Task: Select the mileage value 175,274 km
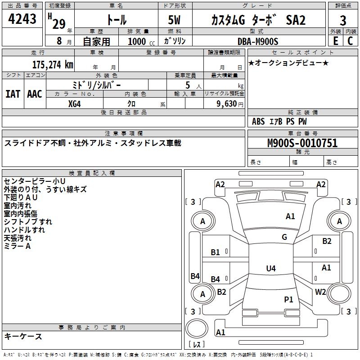coord(53,64)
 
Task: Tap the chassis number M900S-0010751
coord(302,144)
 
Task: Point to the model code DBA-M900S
coord(258,41)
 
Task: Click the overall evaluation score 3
coord(343,20)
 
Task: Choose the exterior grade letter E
coord(335,41)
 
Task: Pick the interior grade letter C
coord(350,41)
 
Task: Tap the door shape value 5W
coord(175,20)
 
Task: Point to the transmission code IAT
coord(13,94)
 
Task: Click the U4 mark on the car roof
coord(270,269)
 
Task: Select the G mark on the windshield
coord(284,237)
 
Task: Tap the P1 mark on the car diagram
coord(288,299)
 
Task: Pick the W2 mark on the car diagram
coord(320,292)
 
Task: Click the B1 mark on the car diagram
coord(216,252)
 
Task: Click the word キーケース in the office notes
coord(23,336)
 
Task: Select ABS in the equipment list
coord(258,121)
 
